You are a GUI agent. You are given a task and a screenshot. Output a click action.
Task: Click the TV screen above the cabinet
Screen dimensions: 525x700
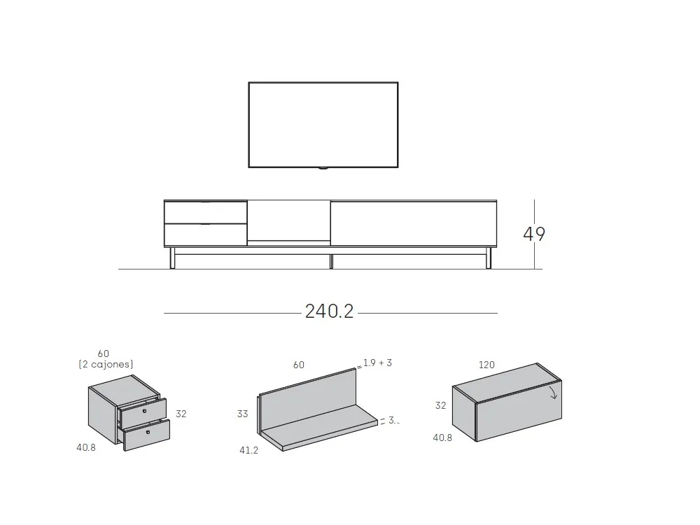pos(323,125)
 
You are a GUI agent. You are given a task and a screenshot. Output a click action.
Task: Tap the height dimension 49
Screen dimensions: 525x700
pos(534,234)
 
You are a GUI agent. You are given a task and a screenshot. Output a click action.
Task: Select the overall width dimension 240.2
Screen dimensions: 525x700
pos(330,311)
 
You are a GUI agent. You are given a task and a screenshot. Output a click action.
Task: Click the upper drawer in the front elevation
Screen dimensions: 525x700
pos(206,212)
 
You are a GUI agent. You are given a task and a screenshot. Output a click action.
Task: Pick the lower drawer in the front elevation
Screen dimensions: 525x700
pos(206,234)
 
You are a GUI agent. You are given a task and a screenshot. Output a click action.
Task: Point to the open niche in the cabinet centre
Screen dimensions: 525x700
pos(288,220)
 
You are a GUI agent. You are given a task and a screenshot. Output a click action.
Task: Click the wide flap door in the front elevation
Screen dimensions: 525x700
pos(413,223)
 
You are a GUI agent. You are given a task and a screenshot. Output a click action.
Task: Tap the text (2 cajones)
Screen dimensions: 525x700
pos(106,364)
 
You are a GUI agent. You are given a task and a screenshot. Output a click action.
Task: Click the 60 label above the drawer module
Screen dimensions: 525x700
pos(104,353)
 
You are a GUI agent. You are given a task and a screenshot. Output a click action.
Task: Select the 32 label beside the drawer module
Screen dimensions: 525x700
pos(181,414)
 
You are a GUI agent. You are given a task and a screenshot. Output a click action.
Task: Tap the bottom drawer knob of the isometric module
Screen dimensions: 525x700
pos(148,433)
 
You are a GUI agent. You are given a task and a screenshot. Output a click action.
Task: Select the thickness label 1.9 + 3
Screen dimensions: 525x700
pos(377,363)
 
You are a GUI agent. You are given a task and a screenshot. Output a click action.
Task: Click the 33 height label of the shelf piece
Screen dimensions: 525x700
pos(242,414)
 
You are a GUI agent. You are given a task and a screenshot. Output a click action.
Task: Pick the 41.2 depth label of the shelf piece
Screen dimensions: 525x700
pos(248,450)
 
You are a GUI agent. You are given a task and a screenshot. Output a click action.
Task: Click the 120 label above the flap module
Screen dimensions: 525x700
pos(486,365)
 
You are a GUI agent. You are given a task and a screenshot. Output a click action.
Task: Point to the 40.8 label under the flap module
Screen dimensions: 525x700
pos(442,437)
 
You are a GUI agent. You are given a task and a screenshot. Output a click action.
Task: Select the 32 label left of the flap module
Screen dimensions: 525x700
pos(440,405)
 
